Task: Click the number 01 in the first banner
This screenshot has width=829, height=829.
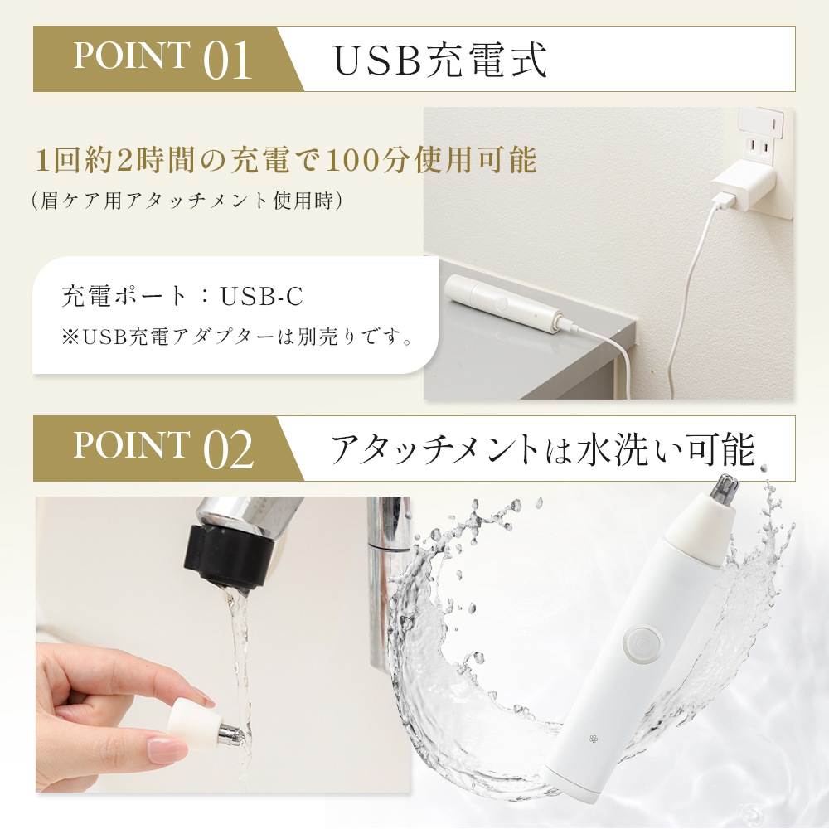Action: [x=227, y=61]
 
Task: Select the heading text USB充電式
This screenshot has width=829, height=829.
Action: [x=439, y=60]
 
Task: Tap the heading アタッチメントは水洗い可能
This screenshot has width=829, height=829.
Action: [x=543, y=449]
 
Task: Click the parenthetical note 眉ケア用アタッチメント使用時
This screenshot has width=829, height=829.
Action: [x=187, y=201]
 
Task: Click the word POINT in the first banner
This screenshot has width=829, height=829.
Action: [x=130, y=56]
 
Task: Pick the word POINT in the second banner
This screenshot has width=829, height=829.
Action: [x=130, y=446]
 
